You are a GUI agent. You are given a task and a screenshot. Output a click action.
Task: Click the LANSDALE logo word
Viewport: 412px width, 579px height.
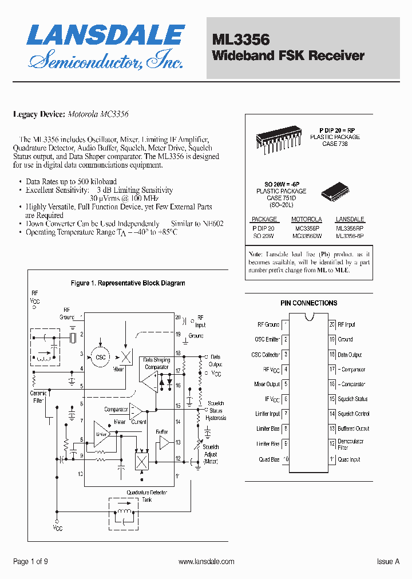[x=106, y=35]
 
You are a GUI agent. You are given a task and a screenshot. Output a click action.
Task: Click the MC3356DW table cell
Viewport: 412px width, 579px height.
[x=307, y=236]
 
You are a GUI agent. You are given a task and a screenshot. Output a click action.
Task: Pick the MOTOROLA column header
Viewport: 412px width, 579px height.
[x=307, y=219]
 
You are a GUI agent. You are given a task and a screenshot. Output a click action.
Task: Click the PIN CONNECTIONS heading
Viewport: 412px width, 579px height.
[x=308, y=303]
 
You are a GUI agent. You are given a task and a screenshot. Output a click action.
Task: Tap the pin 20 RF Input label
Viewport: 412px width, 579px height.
[x=346, y=324]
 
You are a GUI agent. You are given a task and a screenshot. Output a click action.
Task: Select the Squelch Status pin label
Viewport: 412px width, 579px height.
[x=352, y=399]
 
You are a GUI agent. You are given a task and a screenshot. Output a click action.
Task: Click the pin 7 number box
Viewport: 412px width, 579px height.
[x=286, y=414]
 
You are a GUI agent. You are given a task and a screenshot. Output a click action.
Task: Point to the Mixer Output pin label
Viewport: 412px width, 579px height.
[x=267, y=384]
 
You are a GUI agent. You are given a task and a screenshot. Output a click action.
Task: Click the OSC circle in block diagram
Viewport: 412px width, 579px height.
[x=101, y=357]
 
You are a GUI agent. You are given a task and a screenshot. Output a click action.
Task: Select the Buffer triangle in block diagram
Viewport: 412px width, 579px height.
[x=164, y=442]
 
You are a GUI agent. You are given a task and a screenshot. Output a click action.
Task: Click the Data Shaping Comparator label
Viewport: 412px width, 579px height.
[x=156, y=363]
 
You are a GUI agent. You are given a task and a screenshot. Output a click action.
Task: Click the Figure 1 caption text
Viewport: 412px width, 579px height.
[x=128, y=283]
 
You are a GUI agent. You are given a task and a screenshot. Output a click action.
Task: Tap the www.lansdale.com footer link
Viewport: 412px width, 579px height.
[x=206, y=562]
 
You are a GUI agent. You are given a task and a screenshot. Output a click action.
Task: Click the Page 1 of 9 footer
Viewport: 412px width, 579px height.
[x=30, y=562]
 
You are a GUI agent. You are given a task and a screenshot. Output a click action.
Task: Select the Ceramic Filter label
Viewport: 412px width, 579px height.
[x=38, y=396]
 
